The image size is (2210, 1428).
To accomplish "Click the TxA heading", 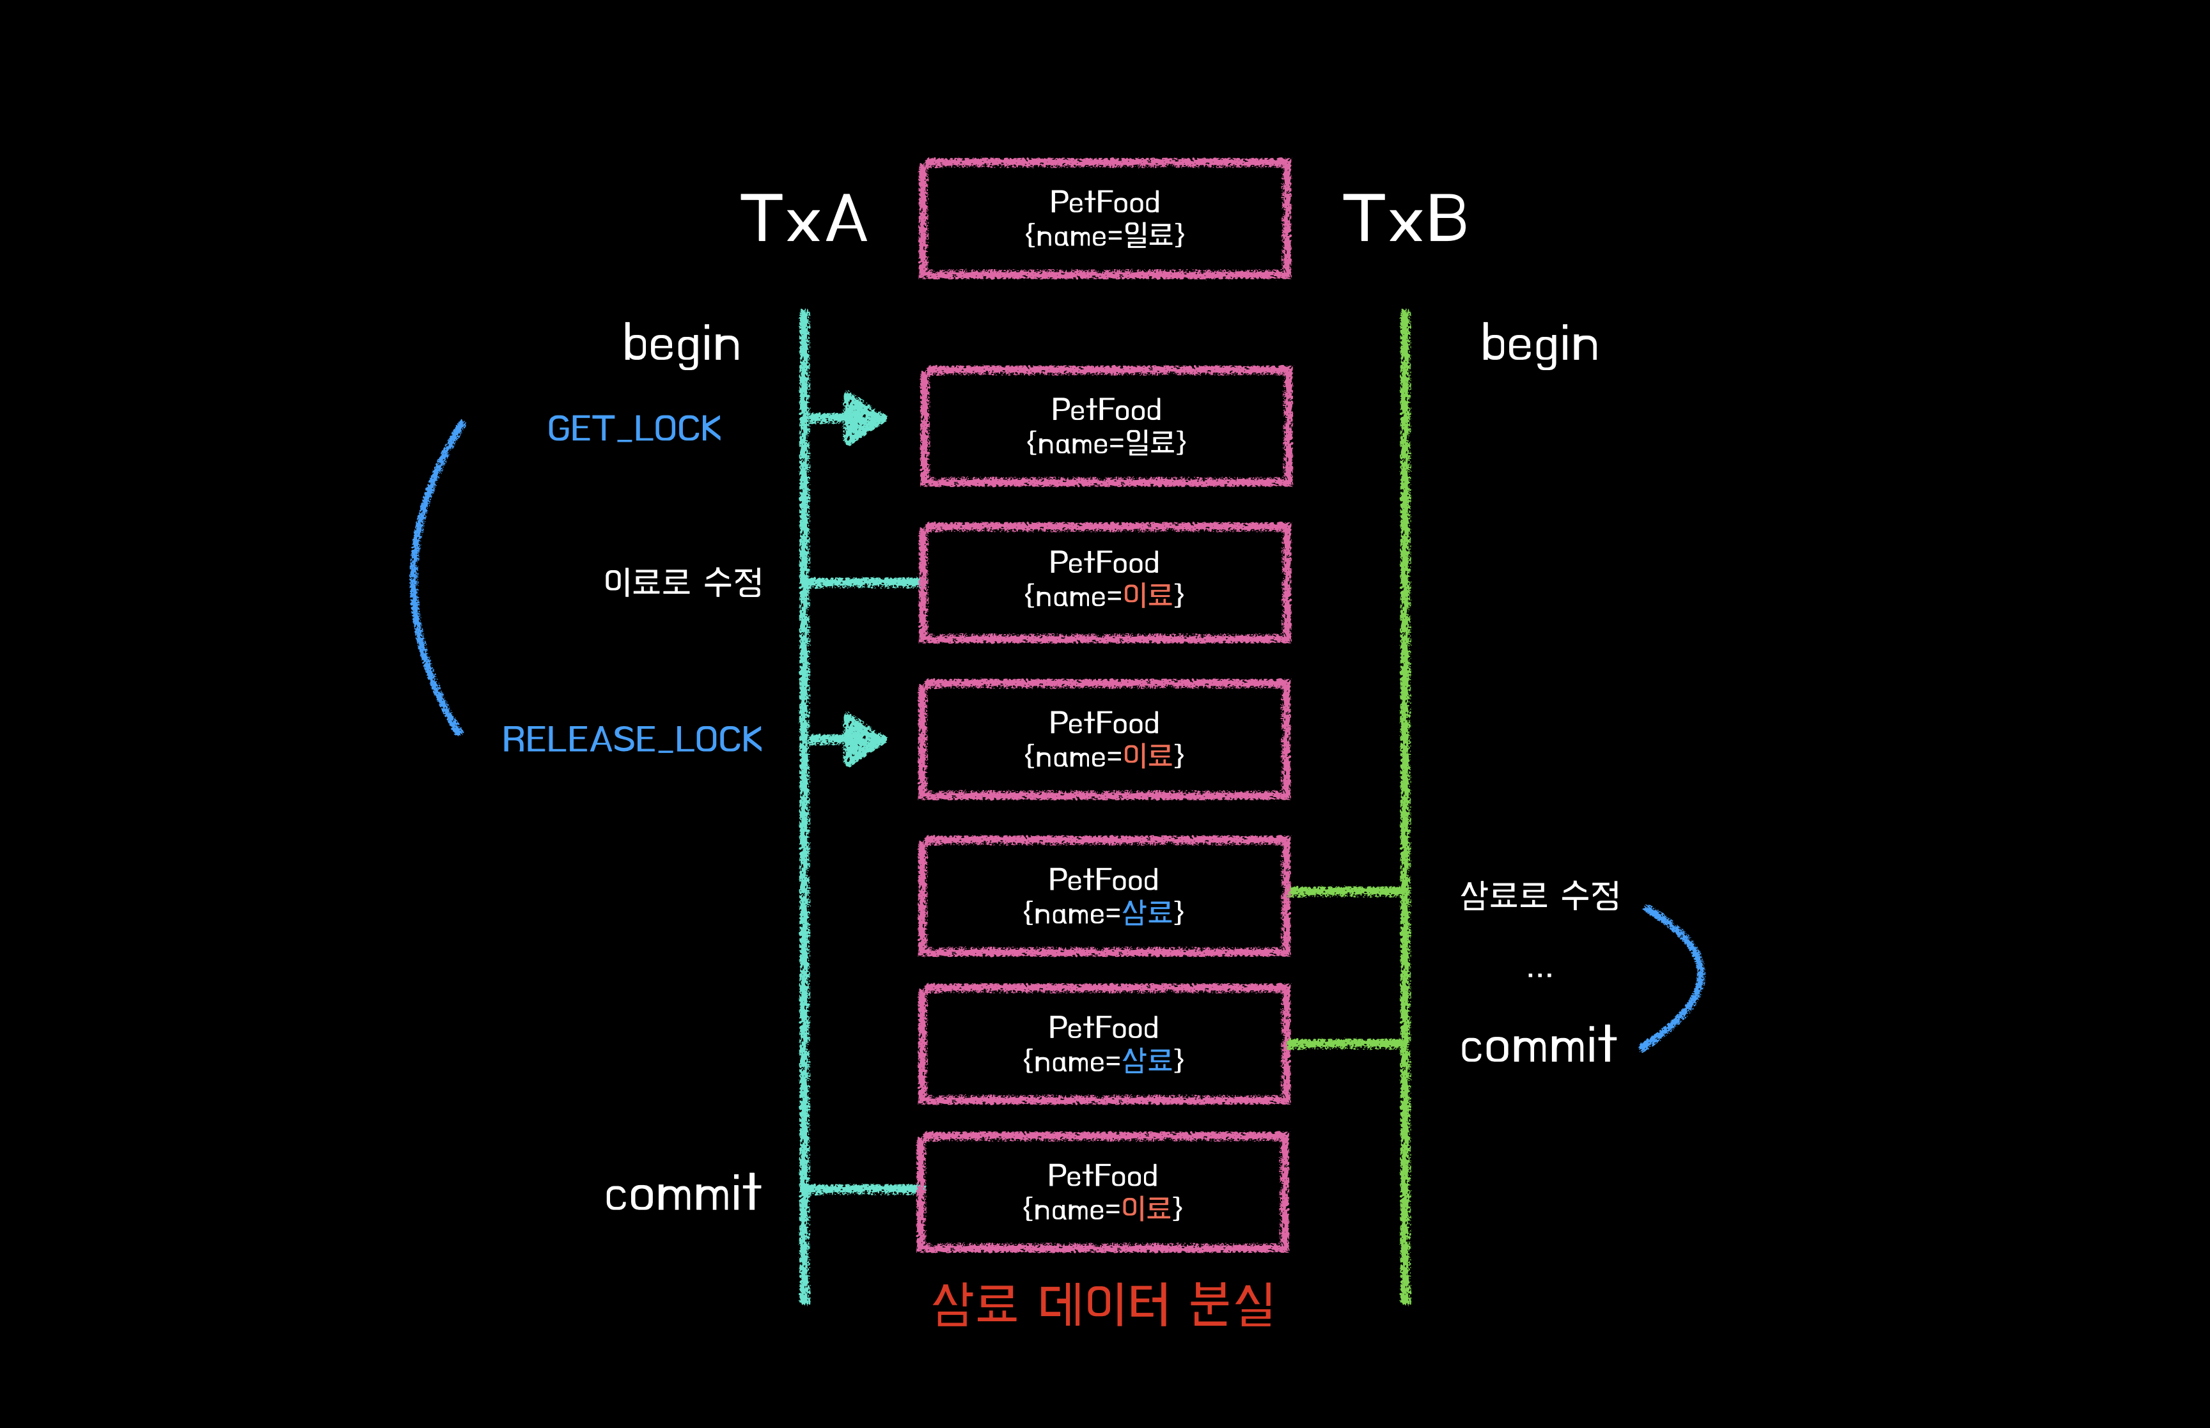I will [x=803, y=220].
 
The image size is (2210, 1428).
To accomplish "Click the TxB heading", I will [x=1404, y=220].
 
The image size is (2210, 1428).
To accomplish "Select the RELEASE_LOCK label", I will [x=632, y=739].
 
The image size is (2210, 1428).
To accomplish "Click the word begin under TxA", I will [x=681, y=345].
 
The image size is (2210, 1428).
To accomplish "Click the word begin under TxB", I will [x=1539, y=345].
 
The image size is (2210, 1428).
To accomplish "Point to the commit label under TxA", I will [x=682, y=1193].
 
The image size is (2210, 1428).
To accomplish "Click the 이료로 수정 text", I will [x=682, y=582].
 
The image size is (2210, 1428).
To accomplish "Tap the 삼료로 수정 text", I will [x=1539, y=895].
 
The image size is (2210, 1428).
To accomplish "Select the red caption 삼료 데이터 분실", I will [x=1102, y=1304].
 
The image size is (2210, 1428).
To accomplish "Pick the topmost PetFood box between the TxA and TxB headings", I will [x=1104, y=219].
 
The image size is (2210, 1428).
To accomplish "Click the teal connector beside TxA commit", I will [x=861, y=1189].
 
